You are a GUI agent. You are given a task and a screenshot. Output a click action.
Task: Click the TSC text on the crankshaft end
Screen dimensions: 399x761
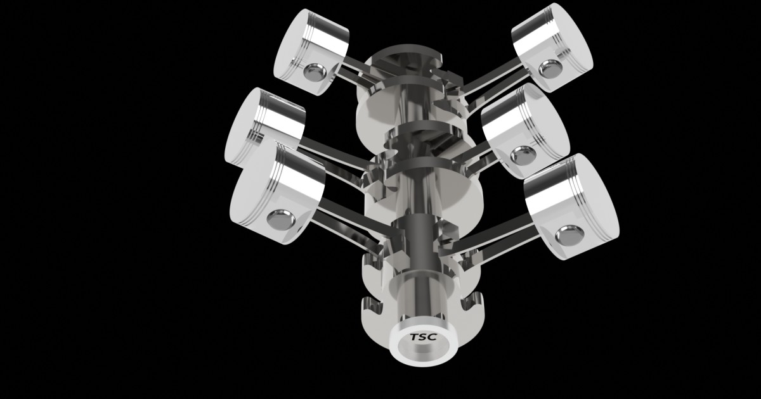click(x=423, y=338)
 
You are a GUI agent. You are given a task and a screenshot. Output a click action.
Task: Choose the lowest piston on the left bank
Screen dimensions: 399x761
click(x=277, y=193)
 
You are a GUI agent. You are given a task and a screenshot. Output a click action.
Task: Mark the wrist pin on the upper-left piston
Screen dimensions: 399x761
click(x=313, y=73)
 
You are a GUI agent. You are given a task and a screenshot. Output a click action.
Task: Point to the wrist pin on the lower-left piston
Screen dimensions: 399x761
click(x=280, y=220)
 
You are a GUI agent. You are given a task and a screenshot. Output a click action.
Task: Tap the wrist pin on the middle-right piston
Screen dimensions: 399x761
click(x=524, y=154)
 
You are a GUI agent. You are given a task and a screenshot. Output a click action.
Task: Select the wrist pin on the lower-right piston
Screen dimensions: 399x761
click(x=568, y=236)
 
